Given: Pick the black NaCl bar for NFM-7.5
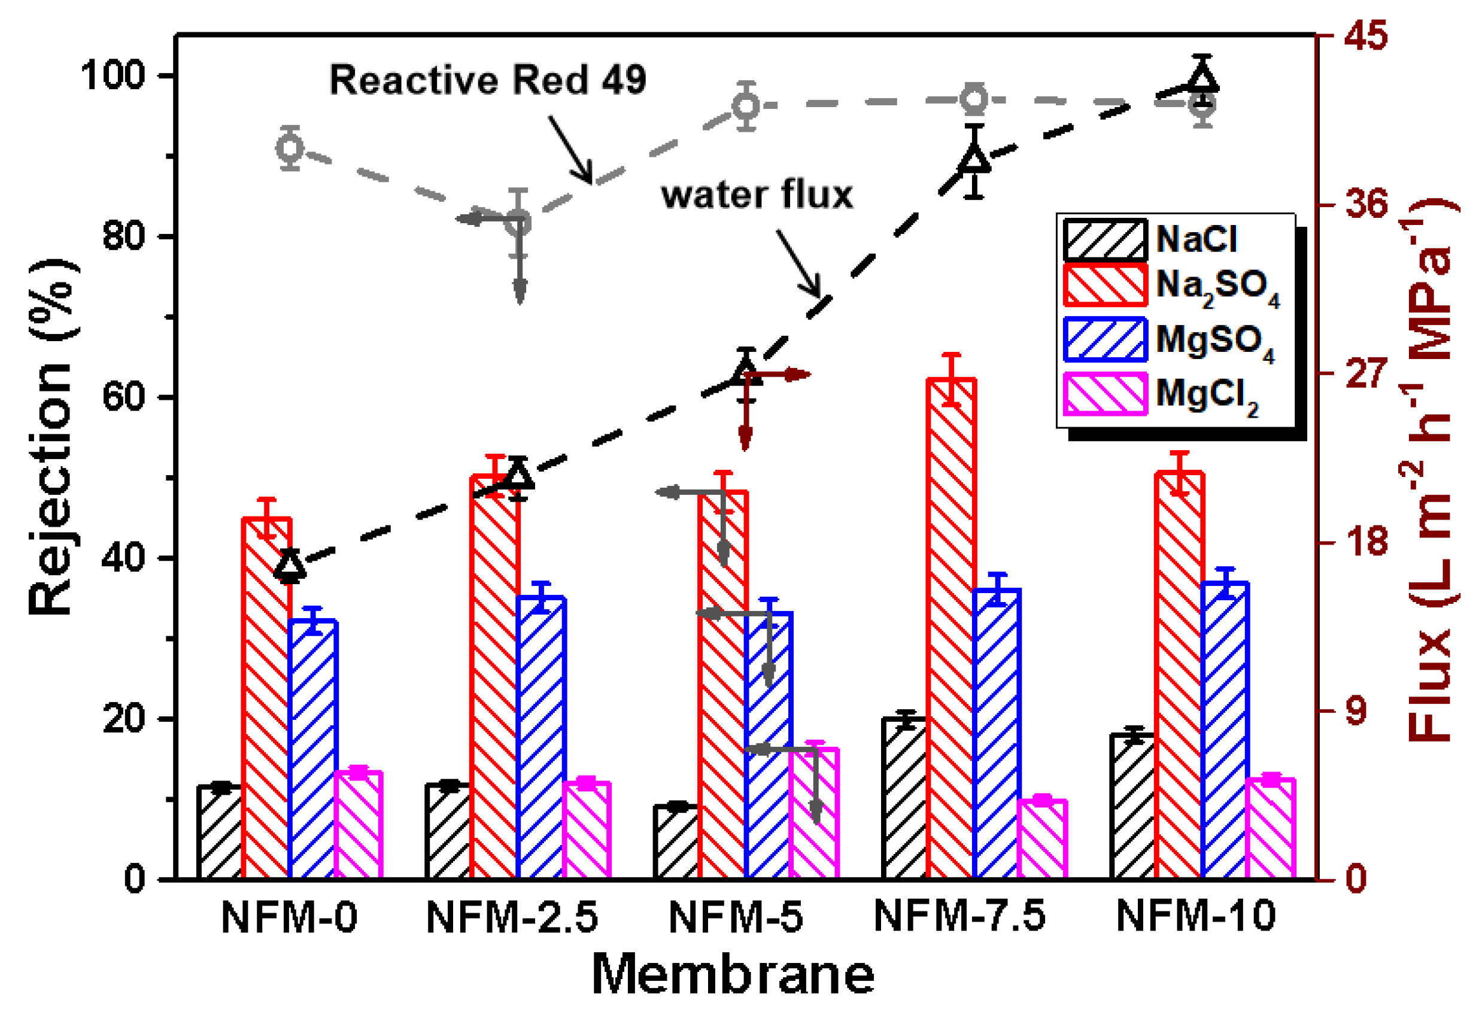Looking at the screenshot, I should click(x=904, y=799).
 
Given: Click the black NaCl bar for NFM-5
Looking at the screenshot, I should click(x=676, y=842).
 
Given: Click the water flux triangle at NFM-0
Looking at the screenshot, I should click(x=290, y=564).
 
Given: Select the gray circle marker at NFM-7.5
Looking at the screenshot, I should click(x=974, y=99).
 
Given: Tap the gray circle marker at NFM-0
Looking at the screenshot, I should click(x=290, y=148).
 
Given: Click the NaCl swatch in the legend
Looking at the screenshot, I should click(x=1105, y=240).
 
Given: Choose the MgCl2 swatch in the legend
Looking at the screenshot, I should click(x=1105, y=394).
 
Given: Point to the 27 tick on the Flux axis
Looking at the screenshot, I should click(x=1366, y=373).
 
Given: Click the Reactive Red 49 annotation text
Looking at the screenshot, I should click(x=487, y=81).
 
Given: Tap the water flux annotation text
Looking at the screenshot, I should click(x=757, y=195).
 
